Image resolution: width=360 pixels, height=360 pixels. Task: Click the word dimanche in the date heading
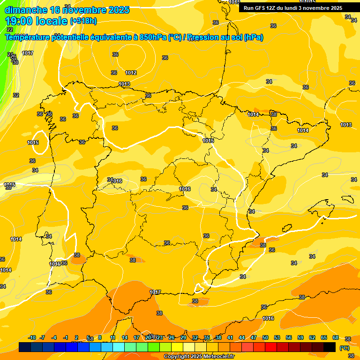(24, 10)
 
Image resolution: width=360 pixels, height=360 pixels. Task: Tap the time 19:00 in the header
(20, 21)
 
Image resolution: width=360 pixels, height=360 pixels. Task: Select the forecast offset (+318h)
(83, 21)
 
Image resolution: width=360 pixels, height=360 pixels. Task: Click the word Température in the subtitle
(28, 37)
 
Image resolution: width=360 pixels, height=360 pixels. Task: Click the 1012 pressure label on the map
(131, 73)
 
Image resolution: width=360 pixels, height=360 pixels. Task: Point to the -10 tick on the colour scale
(32, 337)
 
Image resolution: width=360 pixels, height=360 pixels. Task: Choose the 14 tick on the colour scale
(125, 337)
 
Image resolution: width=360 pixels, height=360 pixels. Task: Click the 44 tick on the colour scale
(242, 337)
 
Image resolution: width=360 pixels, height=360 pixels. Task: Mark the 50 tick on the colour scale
(265, 337)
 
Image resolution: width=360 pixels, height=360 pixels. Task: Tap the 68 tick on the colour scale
(336, 337)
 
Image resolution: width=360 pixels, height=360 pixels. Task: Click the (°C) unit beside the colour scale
(344, 347)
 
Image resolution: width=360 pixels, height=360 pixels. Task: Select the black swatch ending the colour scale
(330, 347)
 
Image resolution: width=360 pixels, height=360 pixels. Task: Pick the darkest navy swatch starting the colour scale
(25, 347)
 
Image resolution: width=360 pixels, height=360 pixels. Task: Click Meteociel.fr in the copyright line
(215, 357)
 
